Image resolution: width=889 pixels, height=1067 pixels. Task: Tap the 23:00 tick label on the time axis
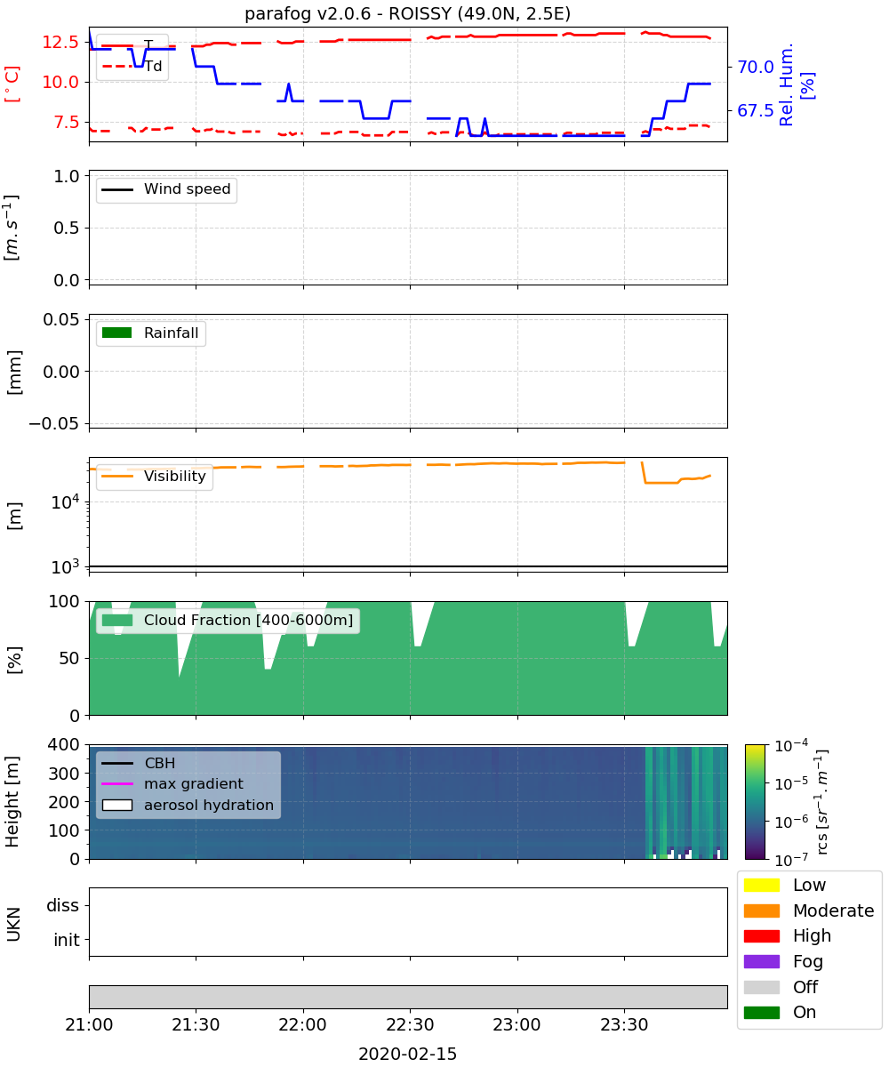click(x=517, y=1024)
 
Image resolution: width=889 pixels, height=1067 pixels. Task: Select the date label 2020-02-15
click(x=407, y=1053)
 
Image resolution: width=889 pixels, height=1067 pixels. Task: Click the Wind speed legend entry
click(x=166, y=189)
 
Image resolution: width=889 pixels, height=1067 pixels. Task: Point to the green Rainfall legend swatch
click(x=116, y=333)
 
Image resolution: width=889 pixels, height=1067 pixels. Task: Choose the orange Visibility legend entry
click(x=153, y=476)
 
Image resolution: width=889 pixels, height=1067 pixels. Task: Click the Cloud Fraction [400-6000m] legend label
click(x=248, y=620)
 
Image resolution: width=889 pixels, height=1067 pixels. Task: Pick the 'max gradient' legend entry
click(x=172, y=783)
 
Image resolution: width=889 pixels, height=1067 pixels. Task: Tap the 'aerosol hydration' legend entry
click(x=188, y=805)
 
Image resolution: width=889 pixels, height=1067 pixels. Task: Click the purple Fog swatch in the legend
click(x=761, y=961)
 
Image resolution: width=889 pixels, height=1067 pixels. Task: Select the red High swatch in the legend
click(x=761, y=935)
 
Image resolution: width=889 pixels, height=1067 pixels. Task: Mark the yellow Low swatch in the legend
click(x=761, y=885)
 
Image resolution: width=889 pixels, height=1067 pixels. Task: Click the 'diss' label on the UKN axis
click(x=62, y=905)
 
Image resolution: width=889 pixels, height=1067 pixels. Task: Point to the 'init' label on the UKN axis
click(x=67, y=939)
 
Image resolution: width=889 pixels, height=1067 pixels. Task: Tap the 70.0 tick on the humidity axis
click(x=755, y=67)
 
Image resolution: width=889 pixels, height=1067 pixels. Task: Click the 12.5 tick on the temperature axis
click(x=60, y=42)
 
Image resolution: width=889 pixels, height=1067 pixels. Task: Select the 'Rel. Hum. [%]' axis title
click(x=796, y=84)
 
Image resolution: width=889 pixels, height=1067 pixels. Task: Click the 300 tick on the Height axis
click(x=63, y=773)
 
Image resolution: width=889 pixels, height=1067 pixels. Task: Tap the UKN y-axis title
click(x=14, y=924)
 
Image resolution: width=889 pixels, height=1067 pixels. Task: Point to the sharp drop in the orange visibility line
click(x=644, y=472)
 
